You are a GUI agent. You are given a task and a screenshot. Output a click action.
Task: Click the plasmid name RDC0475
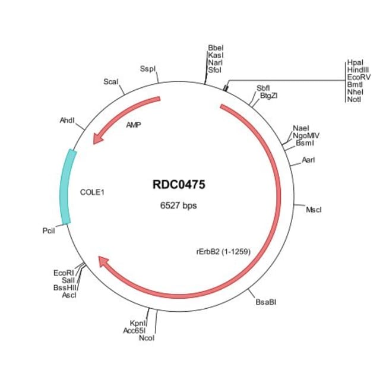(x=179, y=185)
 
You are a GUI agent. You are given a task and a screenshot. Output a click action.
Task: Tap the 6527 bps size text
(x=179, y=206)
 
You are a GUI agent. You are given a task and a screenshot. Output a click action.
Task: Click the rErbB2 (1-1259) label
(x=223, y=251)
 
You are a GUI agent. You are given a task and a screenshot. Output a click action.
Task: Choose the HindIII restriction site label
(x=358, y=70)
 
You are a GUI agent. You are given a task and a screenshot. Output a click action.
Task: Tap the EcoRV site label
(x=358, y=77)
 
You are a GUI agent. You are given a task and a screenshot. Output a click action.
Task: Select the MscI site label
(x=314, y=210)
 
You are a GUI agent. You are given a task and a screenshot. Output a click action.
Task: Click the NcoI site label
(x=146, y=338)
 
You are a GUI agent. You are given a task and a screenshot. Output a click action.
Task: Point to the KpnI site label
(x=138, y=323)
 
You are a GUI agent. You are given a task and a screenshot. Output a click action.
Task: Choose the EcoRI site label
(x=63, y=273)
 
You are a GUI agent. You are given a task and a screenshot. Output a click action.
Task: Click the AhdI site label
(x=67, y=120)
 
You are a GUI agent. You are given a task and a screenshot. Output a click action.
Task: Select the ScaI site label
(x=110, y=81)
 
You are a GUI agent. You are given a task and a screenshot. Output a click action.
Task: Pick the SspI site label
(x=148, y=68)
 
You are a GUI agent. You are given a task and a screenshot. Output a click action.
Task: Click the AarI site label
(x=308, y=160)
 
